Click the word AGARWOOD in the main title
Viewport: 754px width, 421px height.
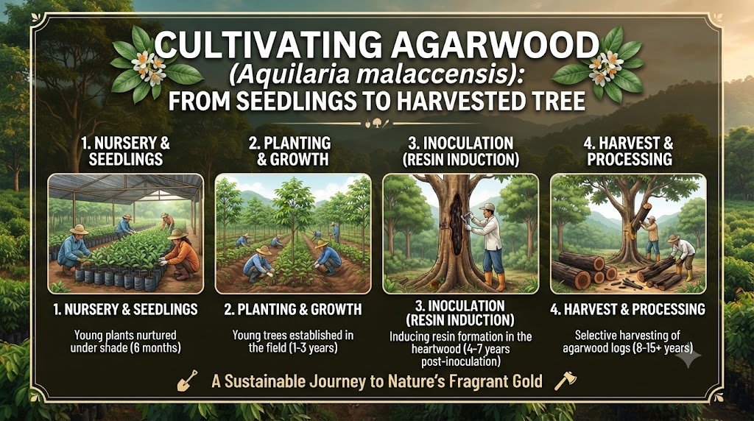[x=495, y=45]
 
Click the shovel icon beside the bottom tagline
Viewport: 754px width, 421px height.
[x=188, y=380]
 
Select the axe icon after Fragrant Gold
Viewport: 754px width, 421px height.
[x=565, y=380]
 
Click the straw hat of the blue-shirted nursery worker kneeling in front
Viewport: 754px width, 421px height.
[x=78, y=230]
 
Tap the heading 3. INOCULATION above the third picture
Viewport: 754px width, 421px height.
[x=461, y=144]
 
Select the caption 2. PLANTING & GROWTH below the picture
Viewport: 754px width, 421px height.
[x=293, y=309]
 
